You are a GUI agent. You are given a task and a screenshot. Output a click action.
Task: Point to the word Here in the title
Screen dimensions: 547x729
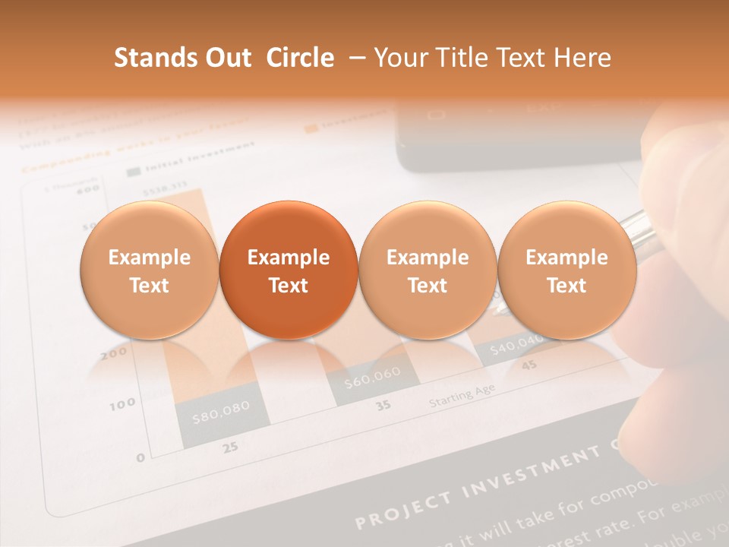[582, 58]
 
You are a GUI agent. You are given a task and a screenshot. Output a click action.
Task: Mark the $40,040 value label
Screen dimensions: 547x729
[516, 346]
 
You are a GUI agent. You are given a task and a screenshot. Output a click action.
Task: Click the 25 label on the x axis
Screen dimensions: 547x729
[230, 447]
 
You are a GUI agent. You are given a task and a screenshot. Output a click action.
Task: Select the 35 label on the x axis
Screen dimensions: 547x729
[384, 405]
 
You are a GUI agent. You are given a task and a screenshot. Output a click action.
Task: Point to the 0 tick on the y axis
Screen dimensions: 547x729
[140, 457]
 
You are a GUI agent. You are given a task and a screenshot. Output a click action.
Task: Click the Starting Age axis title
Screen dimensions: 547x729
[462, 395]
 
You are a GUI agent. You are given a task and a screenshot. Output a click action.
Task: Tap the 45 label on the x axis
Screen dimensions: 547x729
[529, 365]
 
